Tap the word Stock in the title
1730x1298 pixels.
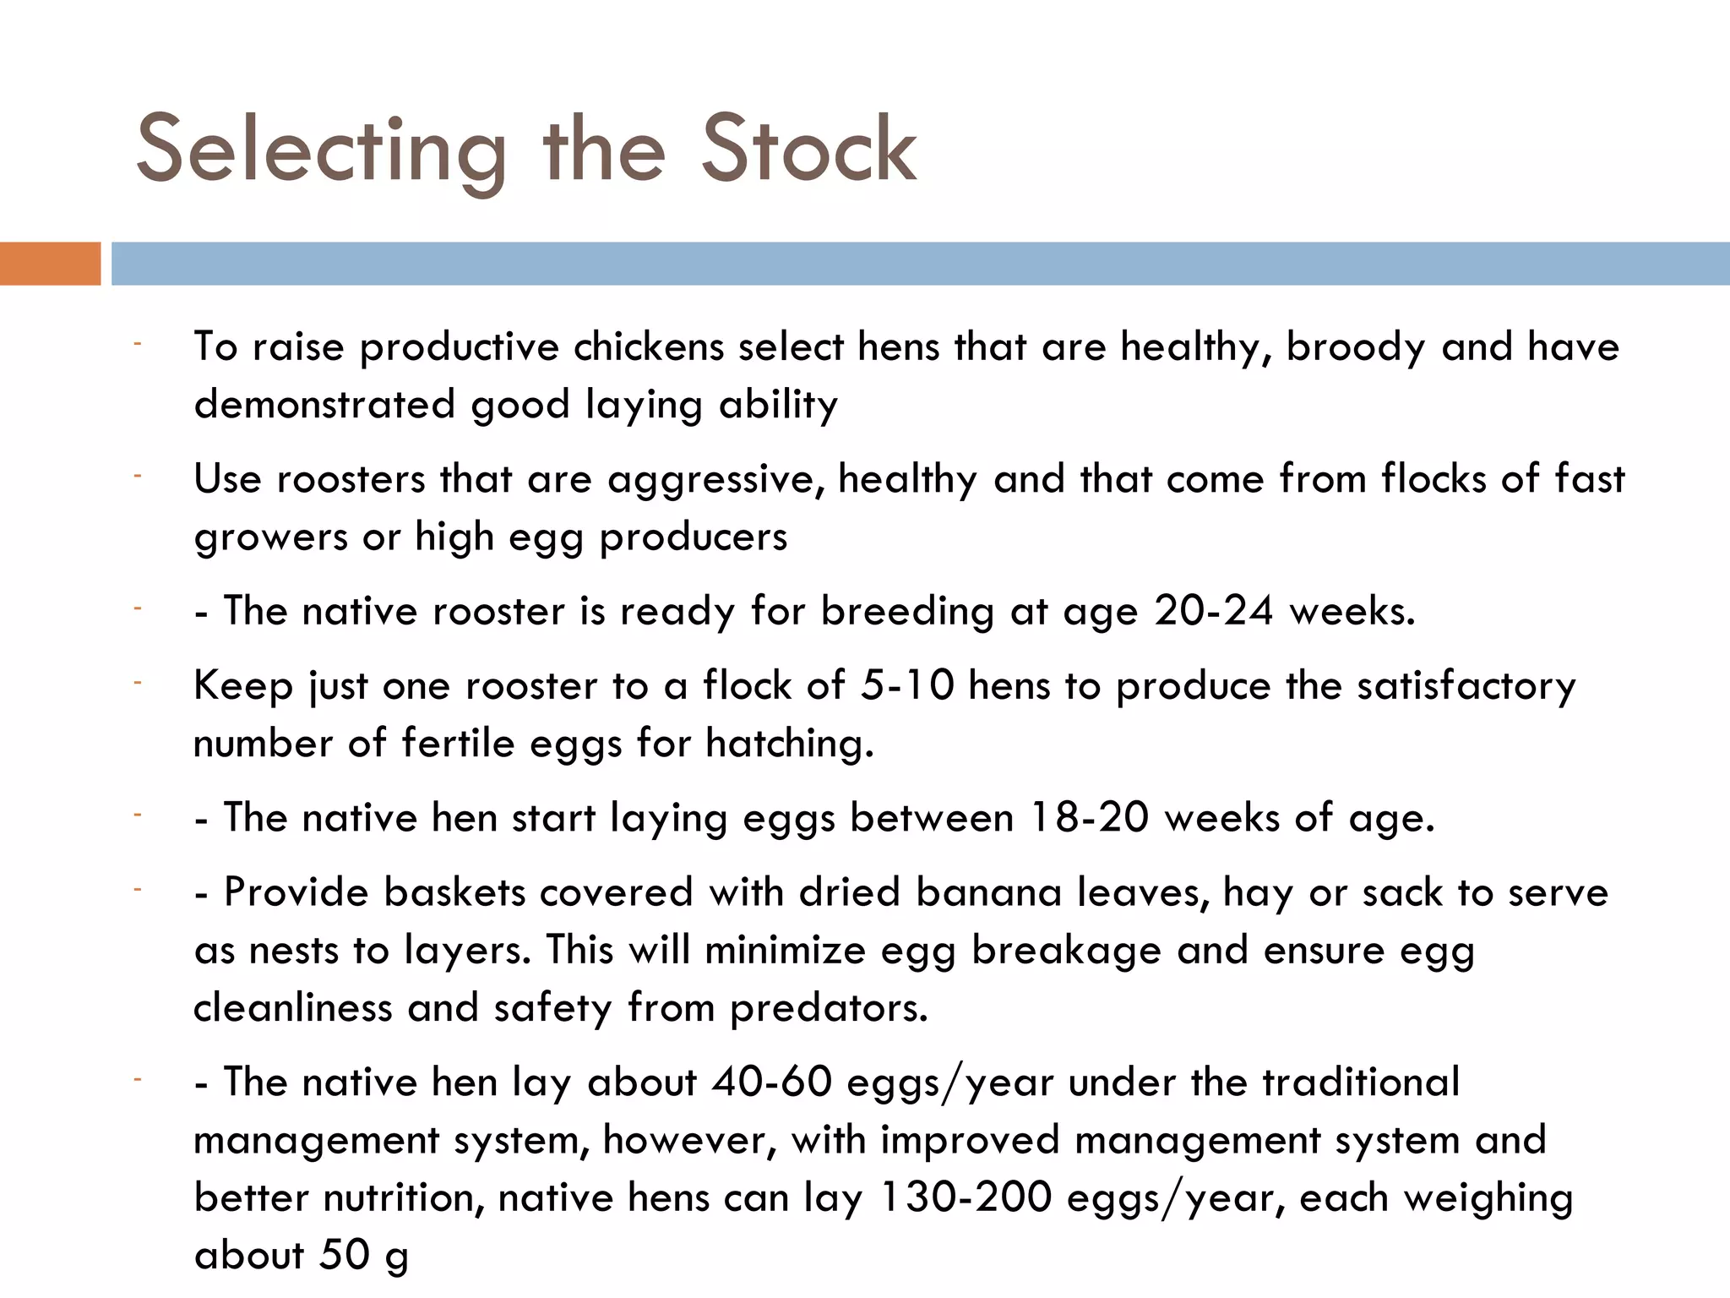pyautogui.click(x=808, y=150)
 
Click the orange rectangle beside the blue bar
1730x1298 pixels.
pyautogui.click(x=50, y=264)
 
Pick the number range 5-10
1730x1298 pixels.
pyautogui.click(x=906, y=686)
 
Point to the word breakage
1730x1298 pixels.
pyautogui.click(x=1066, y=951)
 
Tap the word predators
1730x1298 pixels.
pyautogui.click(x=829, y=1008)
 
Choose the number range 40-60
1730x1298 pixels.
pyautogui.click(x=771, y=1083)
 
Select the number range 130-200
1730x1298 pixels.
pyautogui.click(x=966, y=1198)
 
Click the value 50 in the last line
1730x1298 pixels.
pyautogui.click(x=345, y=1256)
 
